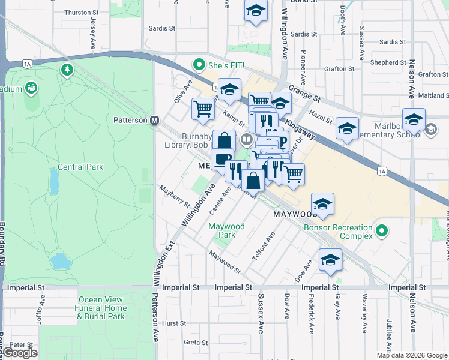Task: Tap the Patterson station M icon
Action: click(154, 120)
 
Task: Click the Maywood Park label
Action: click(226, 230)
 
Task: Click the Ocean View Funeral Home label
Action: click(101, 308)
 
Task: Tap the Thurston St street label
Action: click(81, 13)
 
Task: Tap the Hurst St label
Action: click(174, 323)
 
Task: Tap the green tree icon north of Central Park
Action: click(67, 71)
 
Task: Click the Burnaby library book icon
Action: click(247, 140)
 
